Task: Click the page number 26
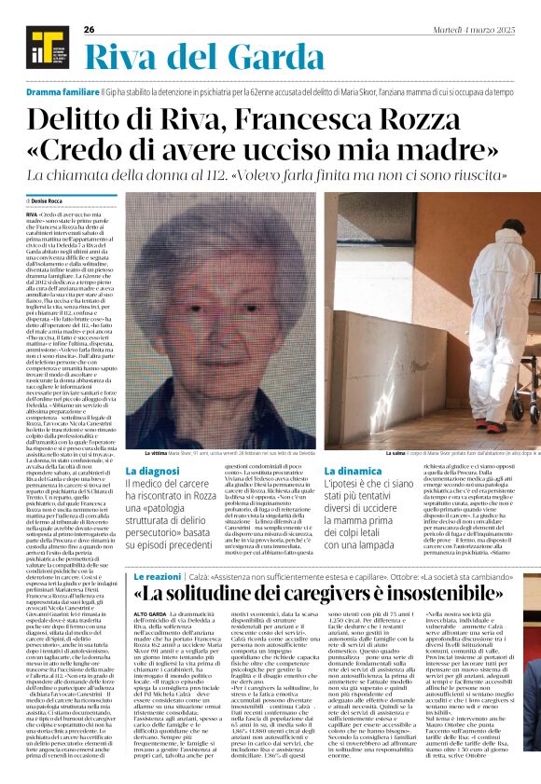[x=89, y=30]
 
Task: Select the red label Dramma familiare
[x=62, y=94]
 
